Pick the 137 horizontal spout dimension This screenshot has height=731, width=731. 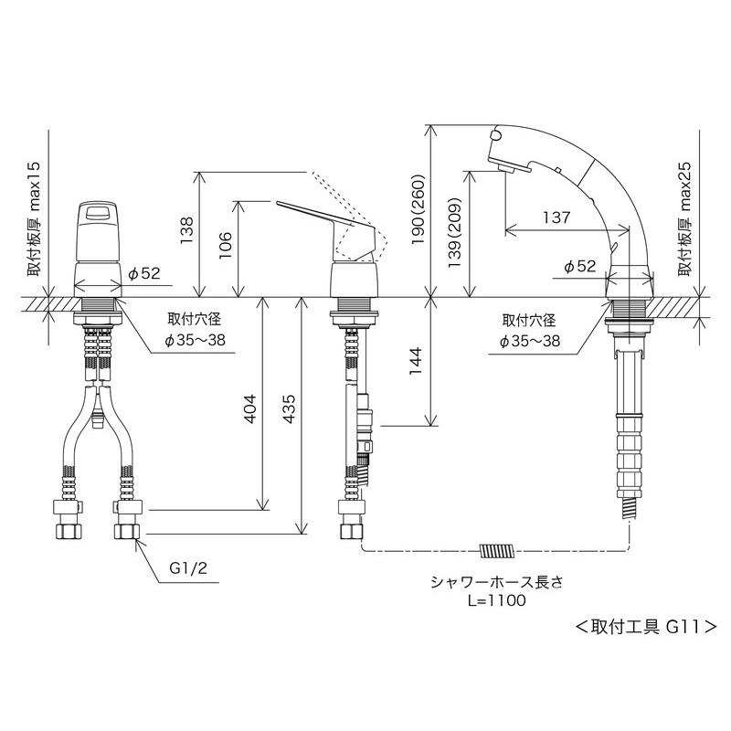555,217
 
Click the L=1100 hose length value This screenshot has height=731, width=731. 496,600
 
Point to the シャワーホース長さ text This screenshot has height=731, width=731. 496,581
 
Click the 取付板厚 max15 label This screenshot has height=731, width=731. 34,219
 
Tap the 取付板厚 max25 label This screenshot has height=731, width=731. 684,219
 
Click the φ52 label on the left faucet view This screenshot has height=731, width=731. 144,272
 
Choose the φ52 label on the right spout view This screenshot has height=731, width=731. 580,267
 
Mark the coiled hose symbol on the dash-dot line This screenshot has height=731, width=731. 496,551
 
